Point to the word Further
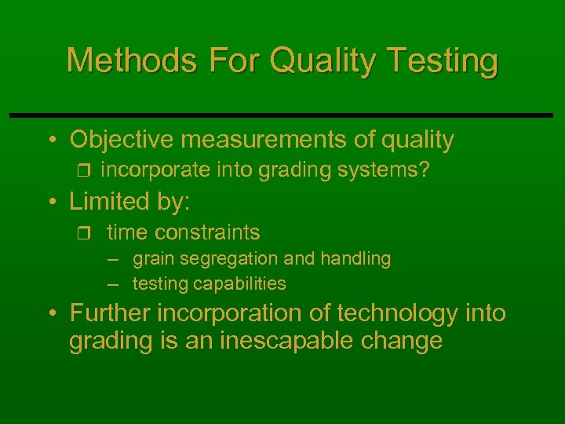111,313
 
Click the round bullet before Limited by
51,202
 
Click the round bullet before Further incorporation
51,314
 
